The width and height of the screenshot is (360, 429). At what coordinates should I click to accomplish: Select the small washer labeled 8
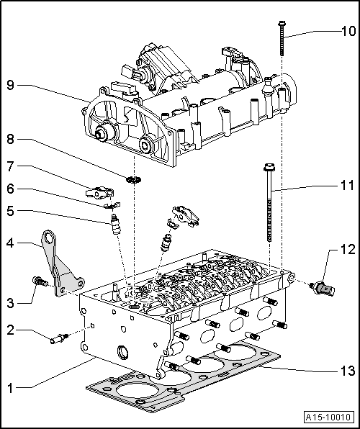click(132, 178)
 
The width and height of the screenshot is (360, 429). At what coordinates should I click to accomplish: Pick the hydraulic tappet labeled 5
click(113, 227)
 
